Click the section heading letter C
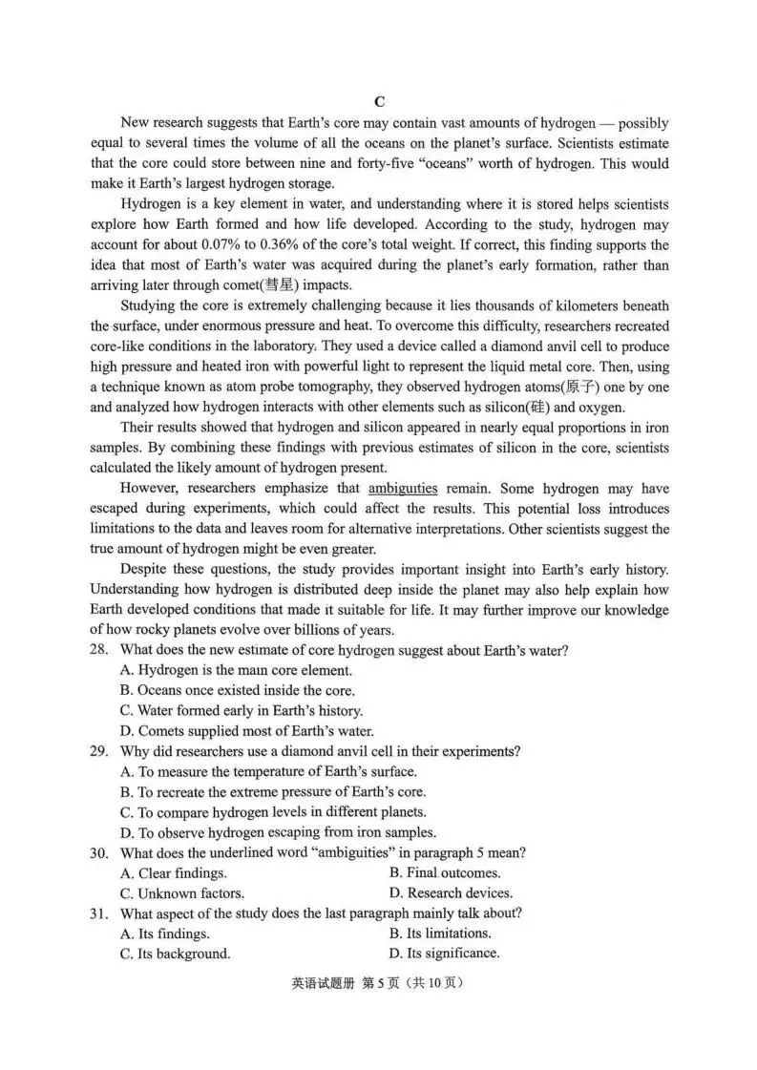(379, 102)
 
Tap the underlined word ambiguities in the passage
(402, 488)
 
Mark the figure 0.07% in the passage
(210, 245)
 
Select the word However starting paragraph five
(152, 488)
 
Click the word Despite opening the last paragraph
(149, 569)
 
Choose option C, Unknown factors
(182, 893)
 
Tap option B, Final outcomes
(445, 872)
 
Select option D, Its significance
(444, 954)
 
